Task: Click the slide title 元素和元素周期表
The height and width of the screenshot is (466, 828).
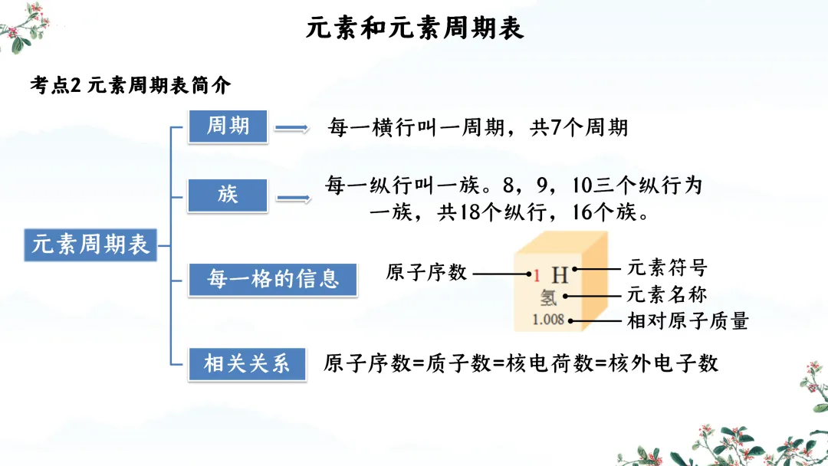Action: (415, 28)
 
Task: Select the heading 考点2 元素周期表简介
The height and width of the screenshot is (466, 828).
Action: (130, 85)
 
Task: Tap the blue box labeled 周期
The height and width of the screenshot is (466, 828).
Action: (228, 126)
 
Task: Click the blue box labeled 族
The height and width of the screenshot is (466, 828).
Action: (228, 195)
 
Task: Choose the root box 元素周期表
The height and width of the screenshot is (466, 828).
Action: (90, 244)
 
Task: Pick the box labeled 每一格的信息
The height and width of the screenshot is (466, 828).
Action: (273, 279)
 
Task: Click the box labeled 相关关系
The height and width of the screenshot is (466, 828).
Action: (247, 363)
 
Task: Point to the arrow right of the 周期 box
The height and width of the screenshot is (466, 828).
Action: (291, 129)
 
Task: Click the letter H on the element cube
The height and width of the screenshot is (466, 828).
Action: (560, 274)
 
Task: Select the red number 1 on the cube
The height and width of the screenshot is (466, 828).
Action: (537, 274)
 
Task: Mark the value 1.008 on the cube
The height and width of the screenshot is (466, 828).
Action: (549, 319)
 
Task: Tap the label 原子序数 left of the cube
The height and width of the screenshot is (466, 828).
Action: (426, 272)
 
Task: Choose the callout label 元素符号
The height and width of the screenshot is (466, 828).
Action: (667, 268)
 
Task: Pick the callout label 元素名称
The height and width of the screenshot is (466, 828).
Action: (667, 294)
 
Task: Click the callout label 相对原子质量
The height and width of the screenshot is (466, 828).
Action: (688, 321)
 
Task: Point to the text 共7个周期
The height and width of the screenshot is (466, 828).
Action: (579, 127)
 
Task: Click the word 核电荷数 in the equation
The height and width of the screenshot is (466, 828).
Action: (550, 363)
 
